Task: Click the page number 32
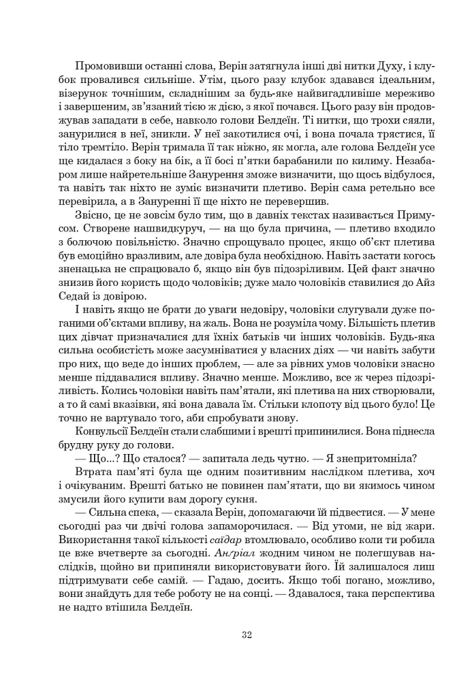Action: (x=247, y=635)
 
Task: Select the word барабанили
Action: (x=289, y=161)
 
